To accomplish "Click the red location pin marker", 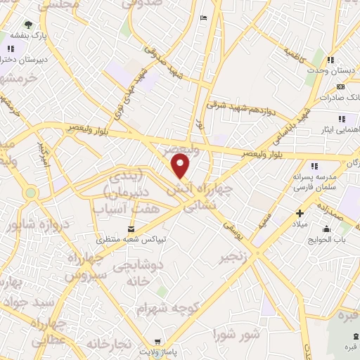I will [x=181, y=167].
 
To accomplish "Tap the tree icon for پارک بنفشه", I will [x=29, y=25].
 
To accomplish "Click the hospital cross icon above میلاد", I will [x=300, y=213].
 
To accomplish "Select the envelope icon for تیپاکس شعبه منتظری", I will [x=131, y=229].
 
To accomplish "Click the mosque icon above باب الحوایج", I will [x=326, y=229].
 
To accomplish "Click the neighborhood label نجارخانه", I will [x=109, y=345].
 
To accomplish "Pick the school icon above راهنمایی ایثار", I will [x=341, y=119].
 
